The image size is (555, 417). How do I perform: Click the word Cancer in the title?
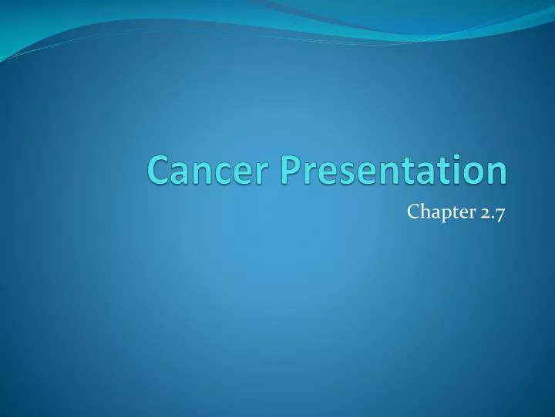[200, 170]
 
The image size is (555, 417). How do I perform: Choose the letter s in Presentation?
[340, 173]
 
